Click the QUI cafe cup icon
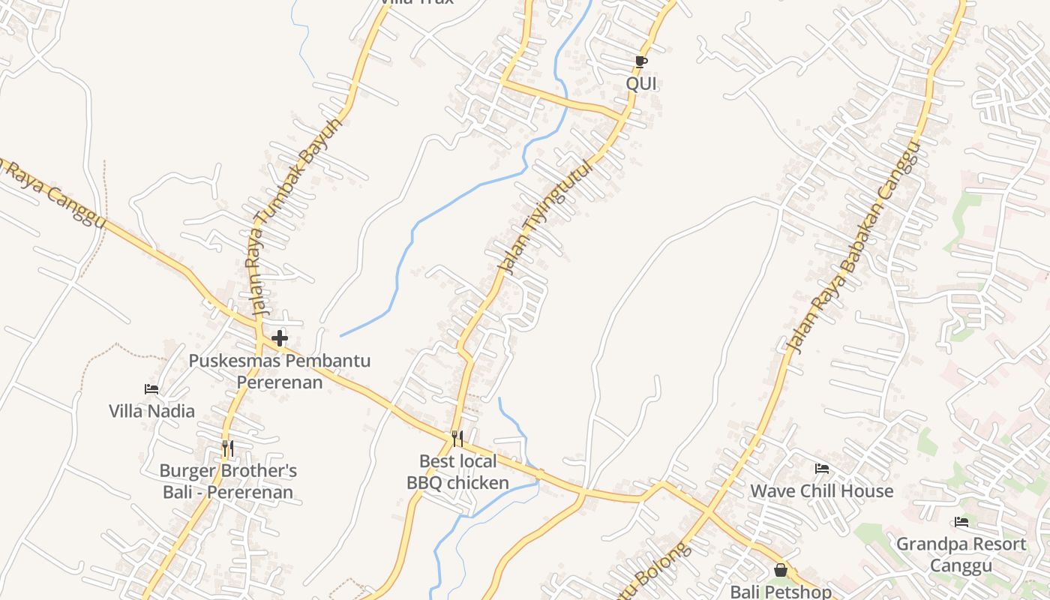click(x=640, y=61)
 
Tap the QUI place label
click(x=641, y=83)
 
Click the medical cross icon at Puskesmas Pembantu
click(x=280, y=338)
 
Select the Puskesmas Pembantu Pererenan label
click(x=279, y=371)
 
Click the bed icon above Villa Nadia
click(x=151, y=389)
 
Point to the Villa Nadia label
click(x=151, y=411)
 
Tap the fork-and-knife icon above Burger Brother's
click(x=228, y=448)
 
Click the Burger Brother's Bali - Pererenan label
click(x=228, y=481)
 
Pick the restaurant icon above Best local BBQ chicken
click(x=457, y=439)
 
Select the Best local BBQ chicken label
click(x=457, y=472)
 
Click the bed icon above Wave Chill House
click(x=822, y=469)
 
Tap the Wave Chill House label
click(x=822, y=491)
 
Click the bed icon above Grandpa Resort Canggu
click(x=961, y=522)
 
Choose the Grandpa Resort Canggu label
click(x=961, y=554)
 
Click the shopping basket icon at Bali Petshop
click(x=781, y=570)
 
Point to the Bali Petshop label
click(x=781, y=591)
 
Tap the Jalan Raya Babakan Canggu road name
click(x=853, y=248)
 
